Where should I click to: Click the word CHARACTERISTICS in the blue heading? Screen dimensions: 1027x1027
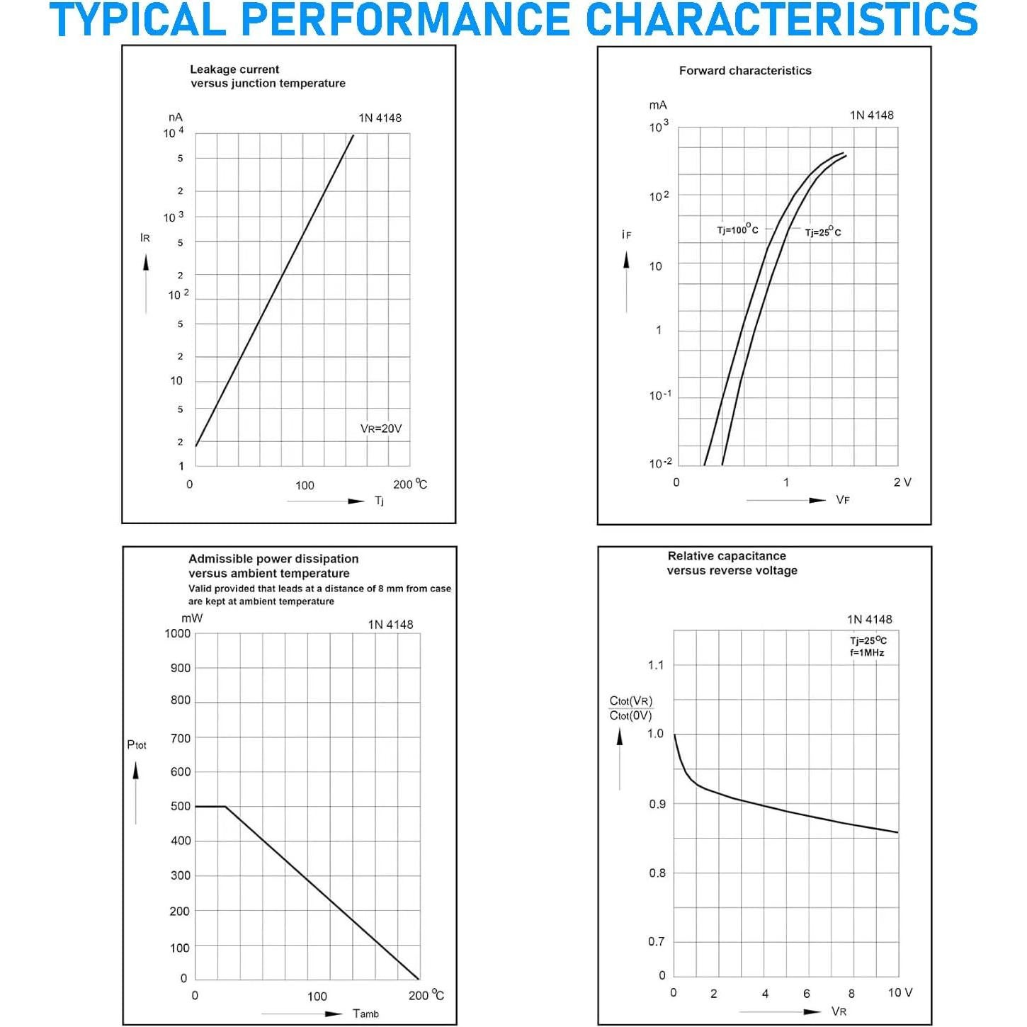tap(782, 20)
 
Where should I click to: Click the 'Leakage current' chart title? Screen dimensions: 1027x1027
tap(234, 69)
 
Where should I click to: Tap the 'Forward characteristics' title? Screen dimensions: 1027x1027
tap(744, 71)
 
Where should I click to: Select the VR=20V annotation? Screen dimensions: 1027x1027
tap(381, 429)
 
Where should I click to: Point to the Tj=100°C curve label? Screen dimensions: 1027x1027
tap(737, 229)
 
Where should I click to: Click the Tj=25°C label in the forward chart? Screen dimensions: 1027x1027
tap(823, 232)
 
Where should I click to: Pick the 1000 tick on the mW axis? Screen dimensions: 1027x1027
tap(178, 633)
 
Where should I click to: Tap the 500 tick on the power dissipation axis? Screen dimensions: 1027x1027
tap(181, 806)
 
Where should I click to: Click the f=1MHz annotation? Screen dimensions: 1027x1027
tap(867, 652)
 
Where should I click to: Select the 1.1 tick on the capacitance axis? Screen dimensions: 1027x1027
tap(656, 665)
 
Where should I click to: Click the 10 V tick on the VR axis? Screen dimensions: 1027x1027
tap(900, 992)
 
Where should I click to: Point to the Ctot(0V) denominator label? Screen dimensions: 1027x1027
tap(630, 715)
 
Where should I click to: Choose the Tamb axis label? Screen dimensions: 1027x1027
tap(365, 1014)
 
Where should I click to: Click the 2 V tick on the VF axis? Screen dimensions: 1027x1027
tap(902, 482)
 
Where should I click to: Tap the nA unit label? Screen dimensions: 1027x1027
tap(175, 118)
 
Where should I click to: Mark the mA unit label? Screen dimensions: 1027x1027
tap(658, 105)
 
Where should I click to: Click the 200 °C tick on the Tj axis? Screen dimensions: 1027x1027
tap(410, 484)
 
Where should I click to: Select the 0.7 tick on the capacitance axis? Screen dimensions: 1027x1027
tap(656, 941)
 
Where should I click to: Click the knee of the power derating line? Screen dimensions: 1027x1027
tap(225, 806)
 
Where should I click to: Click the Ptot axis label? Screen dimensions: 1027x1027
tap(137, 744)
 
